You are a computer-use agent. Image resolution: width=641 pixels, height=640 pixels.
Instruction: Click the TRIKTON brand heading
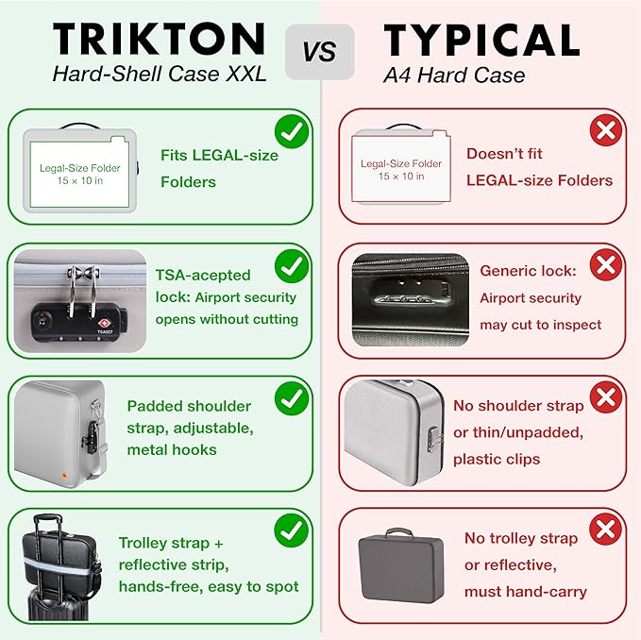coord(159,39)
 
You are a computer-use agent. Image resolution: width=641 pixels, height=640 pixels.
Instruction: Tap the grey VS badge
coord(320,52)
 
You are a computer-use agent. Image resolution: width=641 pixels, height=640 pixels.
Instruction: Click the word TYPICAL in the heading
coord(481,40)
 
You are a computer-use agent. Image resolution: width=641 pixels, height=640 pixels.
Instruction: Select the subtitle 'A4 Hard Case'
coord(454,76)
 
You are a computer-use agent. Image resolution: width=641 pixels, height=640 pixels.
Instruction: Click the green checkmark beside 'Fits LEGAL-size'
coord(292,131)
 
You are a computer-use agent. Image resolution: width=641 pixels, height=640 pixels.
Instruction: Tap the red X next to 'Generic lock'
coord(606,265)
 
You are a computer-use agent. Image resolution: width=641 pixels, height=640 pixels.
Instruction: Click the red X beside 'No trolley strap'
coord(605,530)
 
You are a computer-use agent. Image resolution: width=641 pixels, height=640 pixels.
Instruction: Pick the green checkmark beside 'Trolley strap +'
coord(292,531)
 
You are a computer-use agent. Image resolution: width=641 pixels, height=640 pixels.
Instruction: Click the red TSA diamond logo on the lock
coord(105,324)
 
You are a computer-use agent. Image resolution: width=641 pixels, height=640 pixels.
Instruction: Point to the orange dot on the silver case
coord(64,476)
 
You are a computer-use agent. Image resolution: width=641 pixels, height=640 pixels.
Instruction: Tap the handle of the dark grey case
coord(398,532)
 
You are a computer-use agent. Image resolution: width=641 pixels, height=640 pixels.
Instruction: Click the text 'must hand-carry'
coord(526,591)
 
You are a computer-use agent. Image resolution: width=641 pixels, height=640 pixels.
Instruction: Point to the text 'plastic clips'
coord(497,459)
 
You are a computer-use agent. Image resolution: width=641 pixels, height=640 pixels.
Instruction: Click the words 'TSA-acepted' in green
coord(203,275)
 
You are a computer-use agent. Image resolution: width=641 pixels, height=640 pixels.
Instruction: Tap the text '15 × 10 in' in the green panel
coord(80,180)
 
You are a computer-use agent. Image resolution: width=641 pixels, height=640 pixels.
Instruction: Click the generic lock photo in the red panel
coord(411,300)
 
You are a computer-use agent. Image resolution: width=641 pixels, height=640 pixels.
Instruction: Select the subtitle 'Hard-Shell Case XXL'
coord(159,74)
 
